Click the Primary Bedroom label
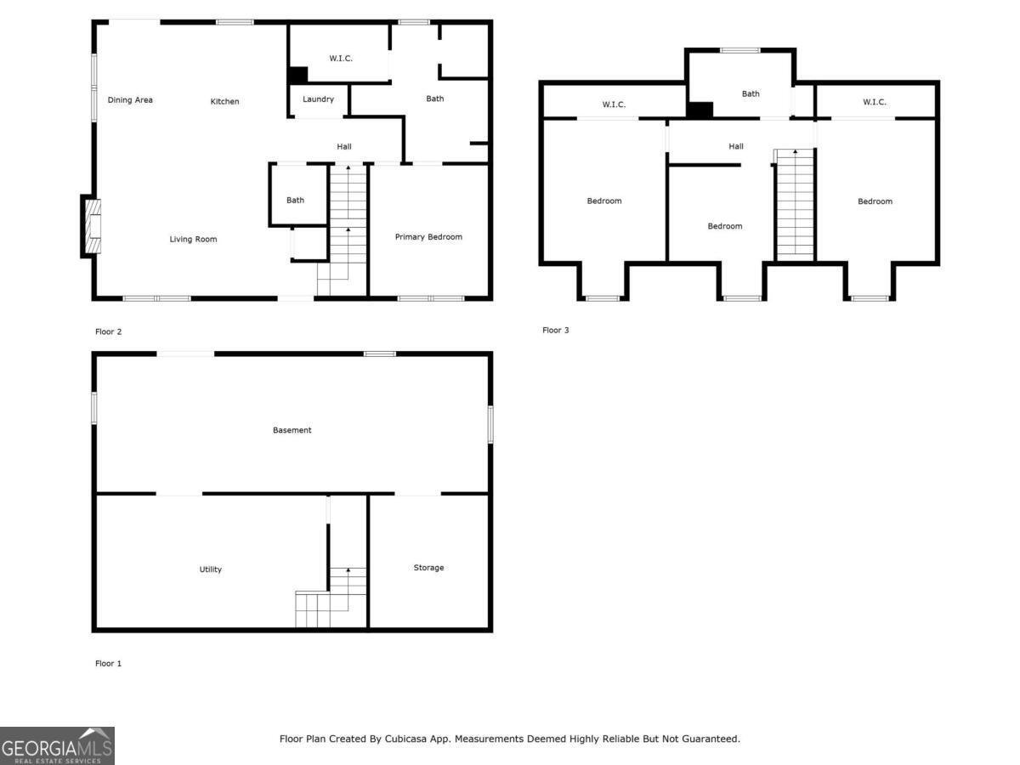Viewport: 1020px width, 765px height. [x=428, y=237]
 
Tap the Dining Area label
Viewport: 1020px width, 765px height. [x=130, y=100]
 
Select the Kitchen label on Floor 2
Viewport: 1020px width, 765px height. [x=224, y=102]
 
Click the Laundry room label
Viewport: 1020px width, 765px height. [x=318, y=99]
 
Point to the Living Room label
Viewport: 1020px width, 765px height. [x=193, y=240]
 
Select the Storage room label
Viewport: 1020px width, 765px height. [x=428, y=568]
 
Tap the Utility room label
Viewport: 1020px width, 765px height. [x=210, y=569]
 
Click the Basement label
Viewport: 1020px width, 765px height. [x=292, y=430]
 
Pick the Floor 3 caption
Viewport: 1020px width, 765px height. [x=556, y=330]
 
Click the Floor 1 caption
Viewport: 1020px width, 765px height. [x=108, y=663]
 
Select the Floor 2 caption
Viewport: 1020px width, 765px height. [x=108, y=331]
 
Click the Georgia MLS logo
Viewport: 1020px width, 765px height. [x=57, y=745]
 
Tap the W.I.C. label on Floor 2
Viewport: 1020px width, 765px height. [x=341, y=59]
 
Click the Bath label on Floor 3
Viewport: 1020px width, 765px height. [x=751, y=94]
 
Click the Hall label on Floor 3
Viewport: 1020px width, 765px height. [x=735, y=147]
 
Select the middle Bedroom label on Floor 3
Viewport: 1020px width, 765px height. [x=725, y=226]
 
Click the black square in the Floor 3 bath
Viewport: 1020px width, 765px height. [x=700, y=110]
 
